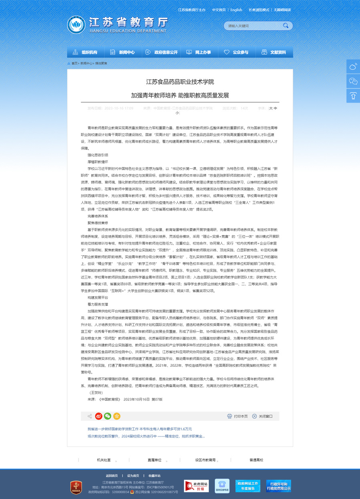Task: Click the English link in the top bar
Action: click(x=236, y=10)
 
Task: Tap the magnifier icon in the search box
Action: click(x=286, y=26)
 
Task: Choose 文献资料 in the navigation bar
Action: click(x=274, y=53)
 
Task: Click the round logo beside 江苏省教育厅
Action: click(x=76, y=25)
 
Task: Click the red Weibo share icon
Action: click(x=99, y=416)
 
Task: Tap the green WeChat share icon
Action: click(x=107, y=416)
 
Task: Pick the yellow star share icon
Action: click(x=117, y=416)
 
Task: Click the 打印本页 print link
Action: click(x=237, y=416)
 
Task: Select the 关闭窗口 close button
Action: click(x=262, y=416)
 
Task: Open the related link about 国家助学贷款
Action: click(x=140, y=429)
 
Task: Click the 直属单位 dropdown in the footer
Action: click(x=154, y=460)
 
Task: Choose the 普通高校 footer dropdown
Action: click(x=256, y=460)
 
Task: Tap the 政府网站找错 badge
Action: click(x=196, y=486)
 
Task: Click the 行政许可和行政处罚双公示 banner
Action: click(x=279, y=486)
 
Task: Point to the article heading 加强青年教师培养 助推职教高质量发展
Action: click(x=180, y=95)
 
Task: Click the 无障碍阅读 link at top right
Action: click(x=282, y=10)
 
